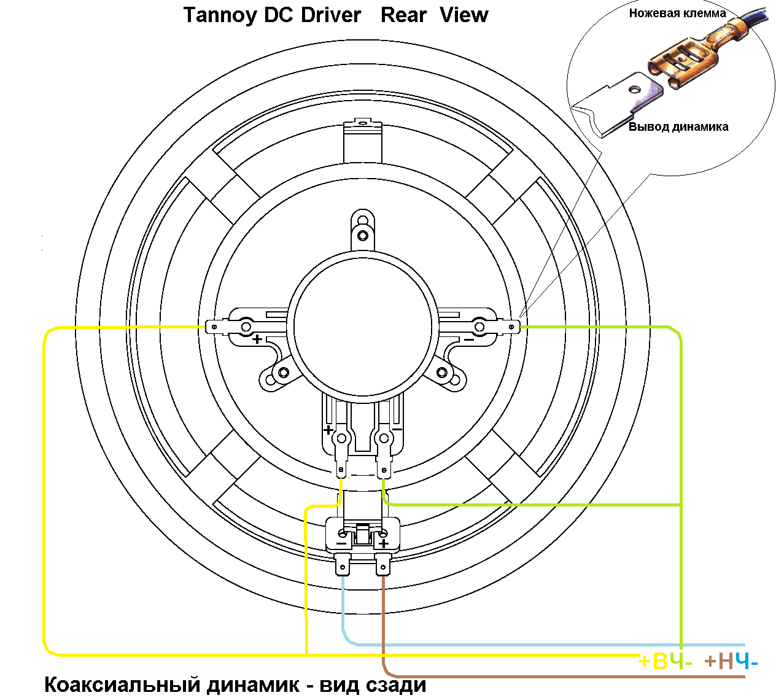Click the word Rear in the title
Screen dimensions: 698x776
[x=403, y=15]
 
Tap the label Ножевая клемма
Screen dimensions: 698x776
[x=677, y=13]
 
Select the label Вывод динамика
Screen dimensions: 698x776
[x=678, y=127]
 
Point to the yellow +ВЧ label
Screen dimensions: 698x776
[x=661, y=661]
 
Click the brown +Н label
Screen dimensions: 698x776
[x=719, y=661]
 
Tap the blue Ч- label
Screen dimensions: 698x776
[x=747, y=661]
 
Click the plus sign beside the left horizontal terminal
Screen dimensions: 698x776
[x=257, y=339]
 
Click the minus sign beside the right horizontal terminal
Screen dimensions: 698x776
[x=468, y=339]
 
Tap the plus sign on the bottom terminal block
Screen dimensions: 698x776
[x=384, y=543]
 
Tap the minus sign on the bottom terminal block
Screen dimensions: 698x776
[x=341, y=543]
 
